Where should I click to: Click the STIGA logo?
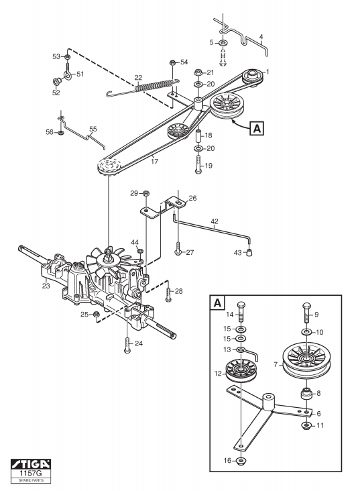click(31, 464)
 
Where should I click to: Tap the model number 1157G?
click(31, 473)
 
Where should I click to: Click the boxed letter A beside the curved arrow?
click(257, 128)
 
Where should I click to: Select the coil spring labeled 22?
click(154, 86)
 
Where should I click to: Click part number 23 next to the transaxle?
click(46, 286)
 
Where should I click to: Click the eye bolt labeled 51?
click(68, 71)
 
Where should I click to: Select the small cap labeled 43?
click(249, 252)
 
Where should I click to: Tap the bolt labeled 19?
click(198, 164)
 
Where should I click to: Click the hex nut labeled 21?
click(198, 72)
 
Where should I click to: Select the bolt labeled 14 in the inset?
click(241, 312)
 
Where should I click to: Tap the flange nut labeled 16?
click(241, 461)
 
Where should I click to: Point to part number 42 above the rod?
click(215, 221)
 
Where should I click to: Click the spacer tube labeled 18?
click(198, 134)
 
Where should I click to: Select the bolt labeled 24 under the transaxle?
click(127, 345)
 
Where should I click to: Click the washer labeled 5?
click(223, 42)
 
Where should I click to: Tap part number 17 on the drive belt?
click(154, 162)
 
